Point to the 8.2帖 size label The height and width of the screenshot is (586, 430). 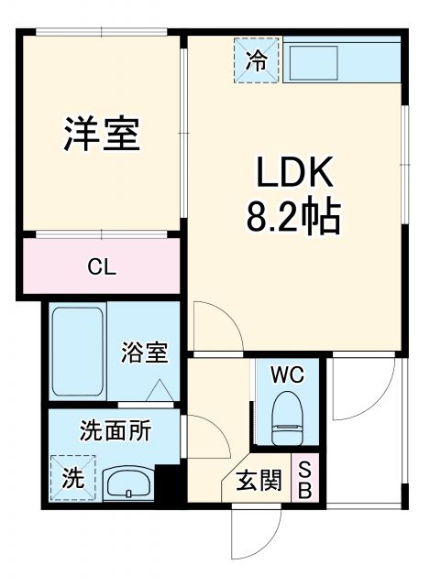[x=292, y=218]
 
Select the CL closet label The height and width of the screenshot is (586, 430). [x=101, y=267]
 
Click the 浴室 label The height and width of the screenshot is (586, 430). [x=145, y=353]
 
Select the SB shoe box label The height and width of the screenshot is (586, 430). [x=305, y=479]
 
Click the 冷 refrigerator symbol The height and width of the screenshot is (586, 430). [x=258, y=60]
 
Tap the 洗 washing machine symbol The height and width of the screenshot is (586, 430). [x=70, y=476]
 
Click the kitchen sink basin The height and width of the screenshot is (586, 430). [x=314, y=61]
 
